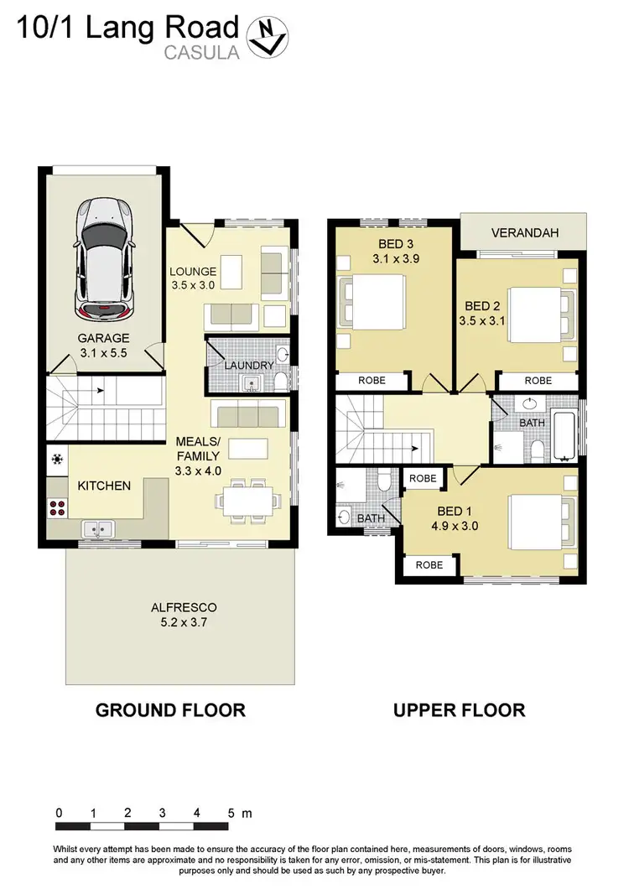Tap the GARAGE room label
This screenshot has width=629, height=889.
[x=103, y=345]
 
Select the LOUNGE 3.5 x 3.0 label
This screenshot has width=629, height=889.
[x=194, y=278]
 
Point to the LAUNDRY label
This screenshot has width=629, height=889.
[x=248, y=366]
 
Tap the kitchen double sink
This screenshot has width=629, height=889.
[x=99, y=529]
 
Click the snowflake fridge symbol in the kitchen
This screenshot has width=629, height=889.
[x=57, y=460]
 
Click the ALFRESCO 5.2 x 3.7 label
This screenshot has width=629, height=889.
[x=179, y=614]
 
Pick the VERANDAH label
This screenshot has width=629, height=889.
[x=525, y=232]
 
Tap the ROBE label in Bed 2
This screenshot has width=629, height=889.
[x=538, y=381]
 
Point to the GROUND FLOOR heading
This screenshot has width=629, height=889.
[x=170, y=710]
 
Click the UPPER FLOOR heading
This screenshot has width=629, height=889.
[x=460, y=710]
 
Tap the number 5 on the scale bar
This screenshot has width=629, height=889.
[x=230, y=813]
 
